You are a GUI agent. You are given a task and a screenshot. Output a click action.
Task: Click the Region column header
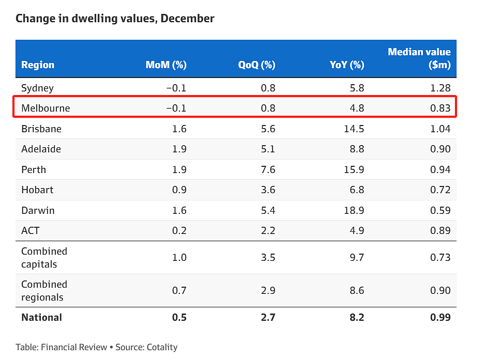coord(38,65)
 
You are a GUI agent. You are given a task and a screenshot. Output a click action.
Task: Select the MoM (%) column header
coord(166,65)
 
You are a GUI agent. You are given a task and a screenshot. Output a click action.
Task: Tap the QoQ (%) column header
coord(256,65)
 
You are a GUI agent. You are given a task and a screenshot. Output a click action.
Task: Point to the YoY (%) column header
coord(347,65)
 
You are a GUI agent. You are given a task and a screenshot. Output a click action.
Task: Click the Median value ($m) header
coord(419,58)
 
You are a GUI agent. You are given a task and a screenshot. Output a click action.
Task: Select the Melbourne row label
coord(45,108)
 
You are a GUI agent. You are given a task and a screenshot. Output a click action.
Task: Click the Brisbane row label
coord(41,129)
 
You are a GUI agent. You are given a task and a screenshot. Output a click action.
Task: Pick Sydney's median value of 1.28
coord(440,88)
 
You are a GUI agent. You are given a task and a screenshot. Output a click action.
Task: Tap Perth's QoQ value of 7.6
coord(268,169)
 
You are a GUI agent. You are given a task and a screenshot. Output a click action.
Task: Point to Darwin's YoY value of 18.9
coord(354,211)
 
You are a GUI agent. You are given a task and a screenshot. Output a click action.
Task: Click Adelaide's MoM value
coord(179,149)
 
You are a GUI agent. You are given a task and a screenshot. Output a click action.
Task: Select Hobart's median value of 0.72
coord(440,190)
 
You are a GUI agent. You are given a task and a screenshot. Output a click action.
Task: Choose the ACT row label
coord(31,230)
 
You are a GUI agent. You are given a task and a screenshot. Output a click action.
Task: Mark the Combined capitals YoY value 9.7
coord(357,258)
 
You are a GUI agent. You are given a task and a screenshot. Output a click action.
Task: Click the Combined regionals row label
coord(44,291)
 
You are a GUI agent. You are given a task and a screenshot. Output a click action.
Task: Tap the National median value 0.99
coord(440,317)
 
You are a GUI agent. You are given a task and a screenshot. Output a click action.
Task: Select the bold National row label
coord(41,317)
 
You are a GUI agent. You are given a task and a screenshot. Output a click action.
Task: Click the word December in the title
coord(187,18)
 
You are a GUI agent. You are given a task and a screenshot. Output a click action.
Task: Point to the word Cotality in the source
coord(162,347)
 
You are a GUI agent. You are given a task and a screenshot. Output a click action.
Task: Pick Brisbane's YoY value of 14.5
coord(354,129)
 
